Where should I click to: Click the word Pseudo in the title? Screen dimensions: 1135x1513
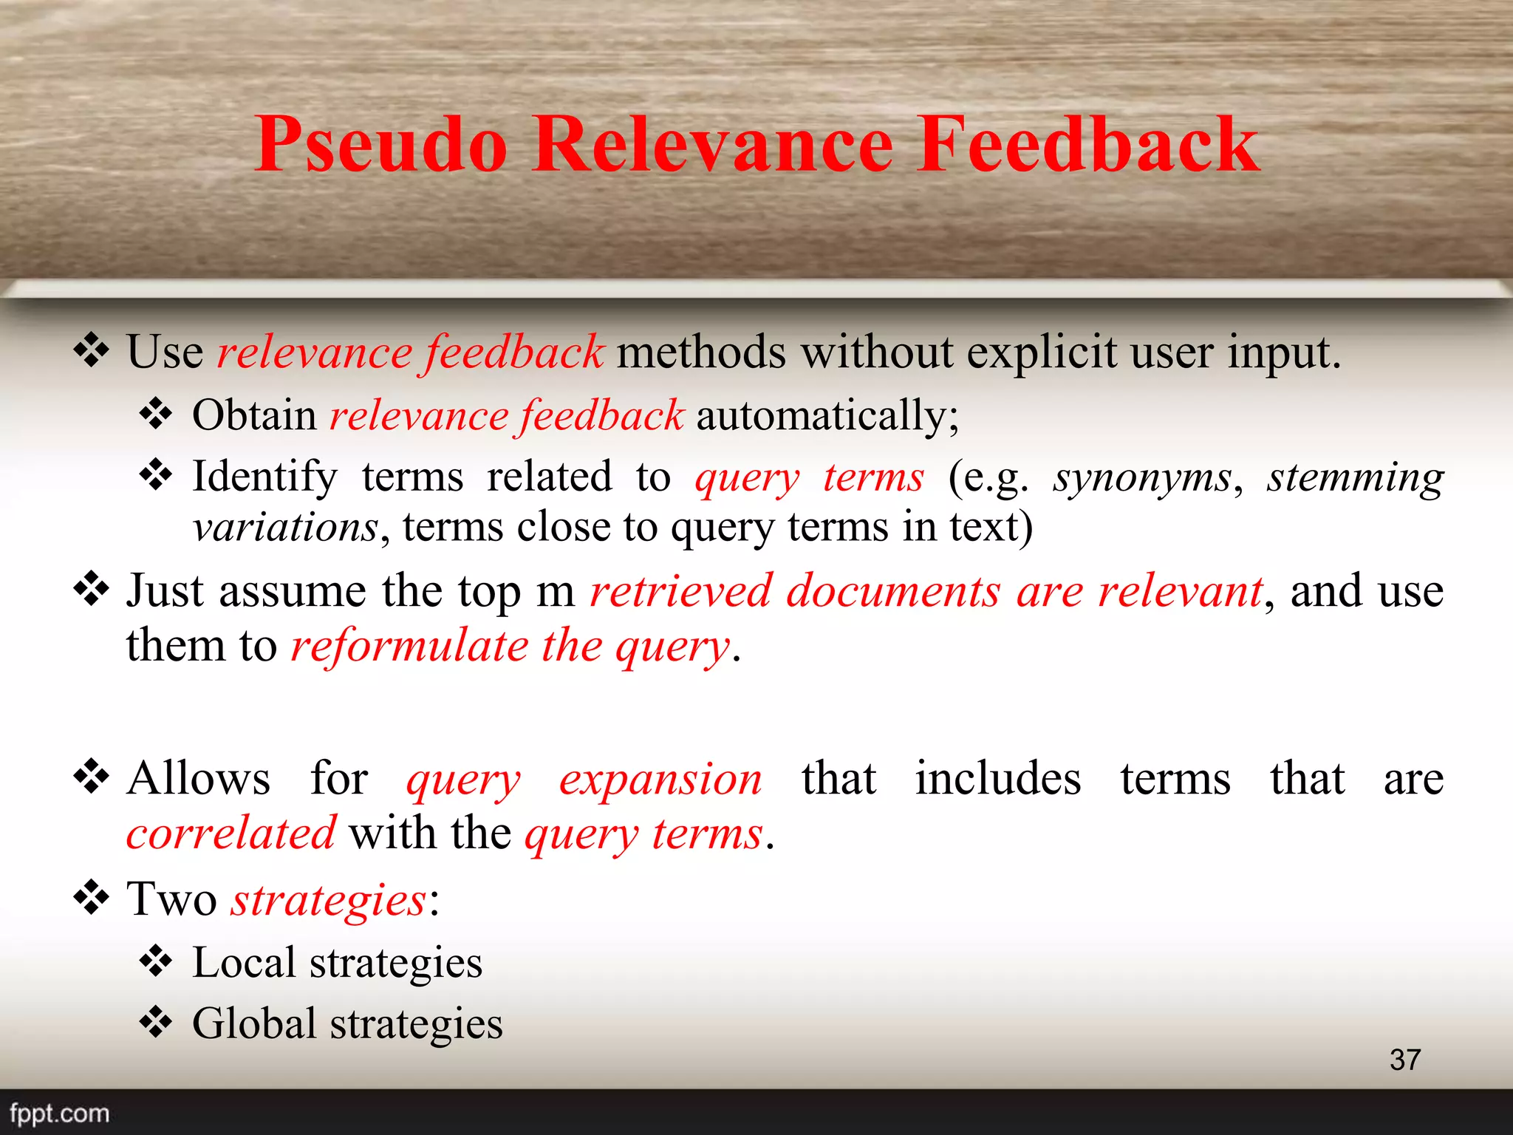381,145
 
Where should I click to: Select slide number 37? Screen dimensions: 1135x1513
1404,1060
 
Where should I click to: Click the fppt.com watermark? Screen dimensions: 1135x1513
59,1113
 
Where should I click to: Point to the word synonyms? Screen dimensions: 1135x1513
1142,477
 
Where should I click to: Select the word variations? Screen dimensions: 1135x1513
285,528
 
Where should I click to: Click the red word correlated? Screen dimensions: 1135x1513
231,834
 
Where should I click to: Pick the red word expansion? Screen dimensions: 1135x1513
660,779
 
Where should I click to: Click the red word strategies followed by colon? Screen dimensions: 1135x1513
328,900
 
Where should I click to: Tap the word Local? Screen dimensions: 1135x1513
244,962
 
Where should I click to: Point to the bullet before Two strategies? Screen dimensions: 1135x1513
92,898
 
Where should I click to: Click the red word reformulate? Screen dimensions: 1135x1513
409,646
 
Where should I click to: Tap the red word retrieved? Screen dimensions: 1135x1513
680,591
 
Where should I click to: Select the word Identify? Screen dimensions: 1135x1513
264,476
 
